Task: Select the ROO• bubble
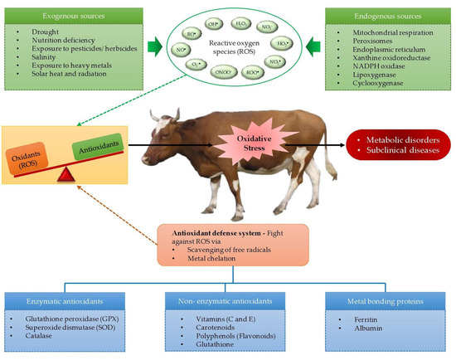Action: pos(244,72)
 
